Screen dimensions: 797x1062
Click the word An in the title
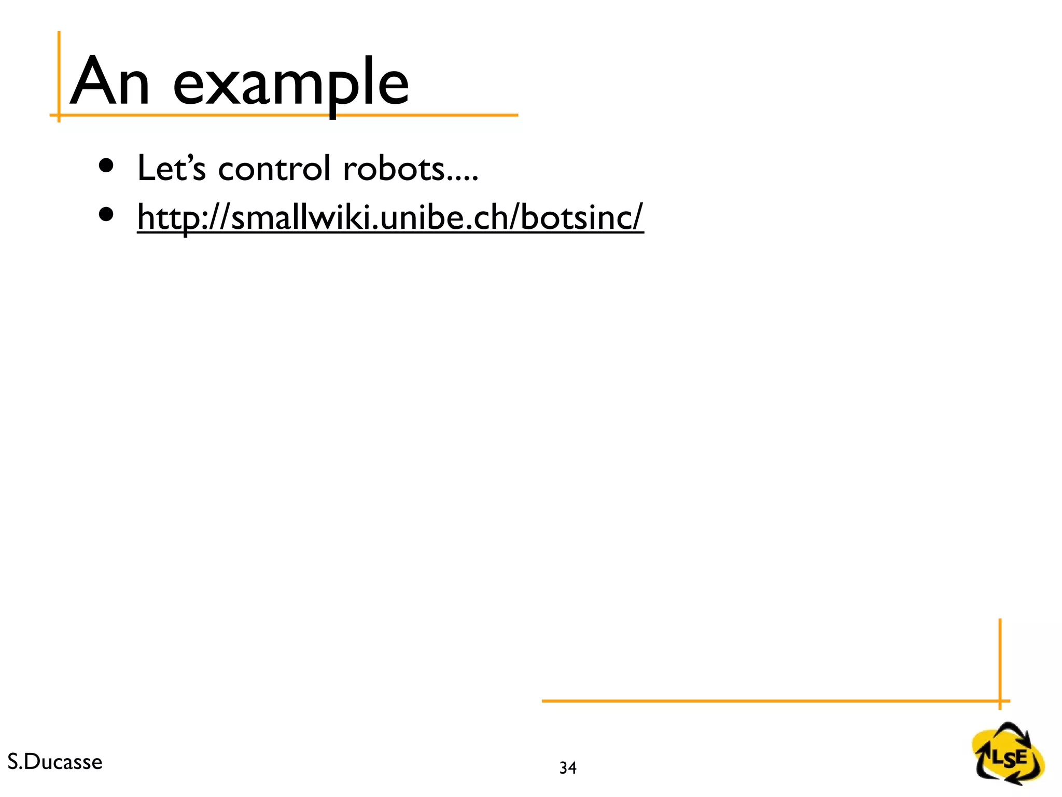109,82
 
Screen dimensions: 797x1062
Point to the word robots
394,169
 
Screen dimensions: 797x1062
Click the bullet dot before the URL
106,214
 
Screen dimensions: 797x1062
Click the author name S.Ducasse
55,762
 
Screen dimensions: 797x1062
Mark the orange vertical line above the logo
1000,659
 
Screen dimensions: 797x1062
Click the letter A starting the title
91,82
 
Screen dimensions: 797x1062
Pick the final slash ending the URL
637,217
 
